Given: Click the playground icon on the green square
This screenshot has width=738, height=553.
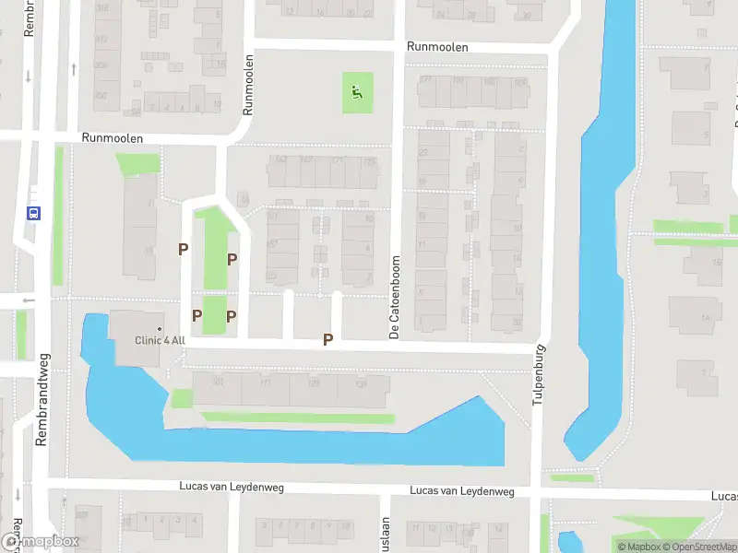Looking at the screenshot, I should point(357,92).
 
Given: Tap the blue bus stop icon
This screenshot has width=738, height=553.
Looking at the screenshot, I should point(34,213).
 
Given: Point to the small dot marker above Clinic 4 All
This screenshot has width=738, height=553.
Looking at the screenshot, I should point(159,329).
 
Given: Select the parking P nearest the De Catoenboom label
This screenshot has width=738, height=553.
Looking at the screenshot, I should point(327,340).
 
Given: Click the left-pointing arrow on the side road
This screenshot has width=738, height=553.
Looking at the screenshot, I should point(28,299).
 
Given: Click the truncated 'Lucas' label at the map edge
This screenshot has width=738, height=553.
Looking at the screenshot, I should point(724,496).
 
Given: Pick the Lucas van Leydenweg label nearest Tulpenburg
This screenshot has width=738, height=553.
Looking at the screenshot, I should point(461,491).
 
